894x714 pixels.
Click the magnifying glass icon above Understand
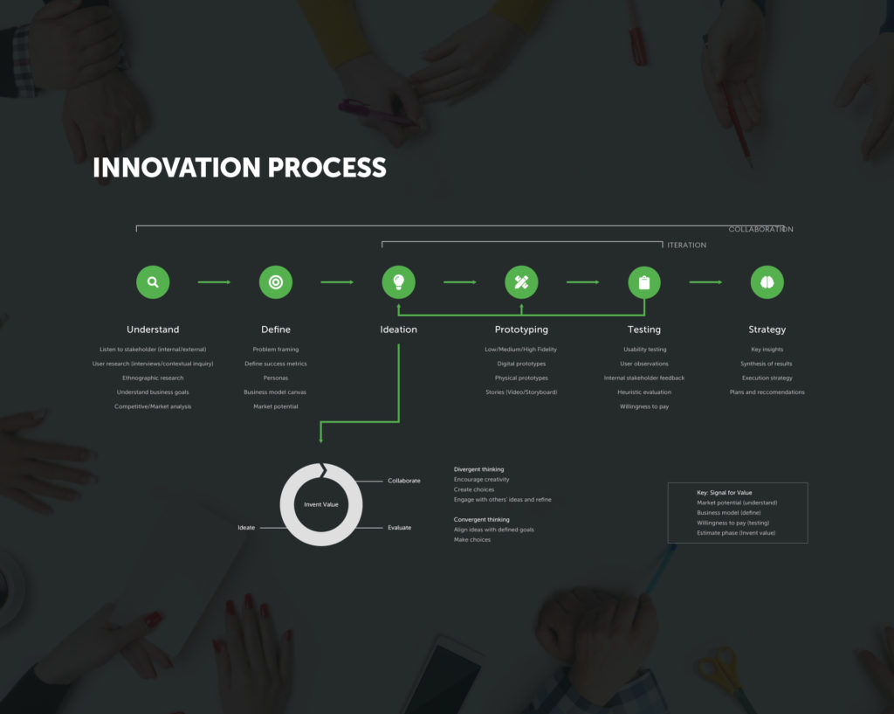tap(153, 282)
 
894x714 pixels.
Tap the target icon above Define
tap(276, 282)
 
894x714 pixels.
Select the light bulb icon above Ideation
tap(399, 282)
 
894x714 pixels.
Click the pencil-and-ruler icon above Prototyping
tap(522, 282)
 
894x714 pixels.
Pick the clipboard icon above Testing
tap(644, 282)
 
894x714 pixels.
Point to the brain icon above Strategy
tap(767, 282)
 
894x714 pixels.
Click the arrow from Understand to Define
tap(214, 282)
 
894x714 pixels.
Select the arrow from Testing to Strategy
tap(705, 282)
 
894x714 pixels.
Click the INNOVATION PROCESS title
tap(239, 168)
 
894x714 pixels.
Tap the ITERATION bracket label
tap(687, 246)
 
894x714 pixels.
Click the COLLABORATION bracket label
tap(761, 229)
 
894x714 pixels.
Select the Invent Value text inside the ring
tap(320, 504)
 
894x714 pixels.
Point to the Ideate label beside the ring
tap(246, 528)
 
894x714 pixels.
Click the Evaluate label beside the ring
tap(400, 528)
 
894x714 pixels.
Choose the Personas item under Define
tap(276, 378)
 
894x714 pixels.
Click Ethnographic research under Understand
tap(153, 378)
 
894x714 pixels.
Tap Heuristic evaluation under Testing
tap(644, 392)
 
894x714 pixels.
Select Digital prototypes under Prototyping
tap(521, 364)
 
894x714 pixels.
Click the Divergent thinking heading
tap(478, 469)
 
